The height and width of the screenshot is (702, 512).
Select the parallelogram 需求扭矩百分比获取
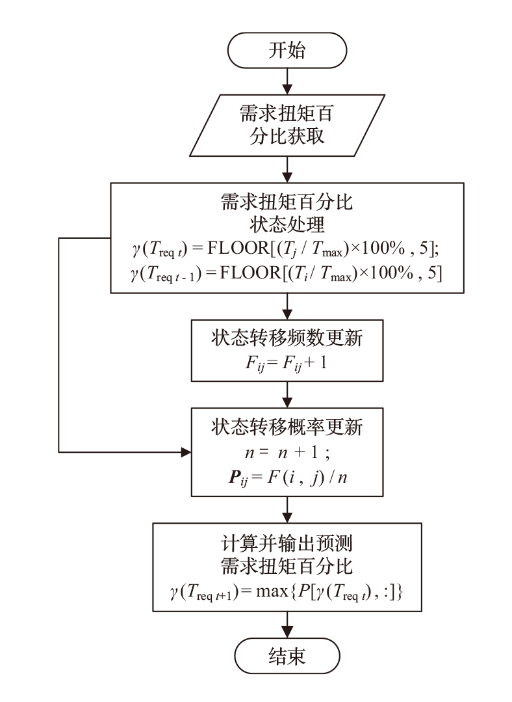[x=287, y=127]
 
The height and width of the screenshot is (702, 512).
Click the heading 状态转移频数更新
[x=287, y=338]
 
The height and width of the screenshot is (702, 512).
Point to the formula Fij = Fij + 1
[x=287, y=362]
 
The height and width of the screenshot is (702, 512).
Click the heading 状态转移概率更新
[x=287, y=427]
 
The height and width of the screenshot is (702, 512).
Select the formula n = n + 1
[x=287, y=452]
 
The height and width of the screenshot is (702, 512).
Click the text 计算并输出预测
[x=287, y=541]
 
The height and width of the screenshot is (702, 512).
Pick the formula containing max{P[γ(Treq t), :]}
[x=287, y=592]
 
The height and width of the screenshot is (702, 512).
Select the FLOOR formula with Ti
[x=287, y=274]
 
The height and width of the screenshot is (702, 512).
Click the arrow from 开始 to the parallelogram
[x=287, y=79]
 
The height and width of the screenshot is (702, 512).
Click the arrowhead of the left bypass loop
[x=185, y=450]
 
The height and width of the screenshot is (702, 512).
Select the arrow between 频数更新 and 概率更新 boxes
[x=287, y=394]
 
